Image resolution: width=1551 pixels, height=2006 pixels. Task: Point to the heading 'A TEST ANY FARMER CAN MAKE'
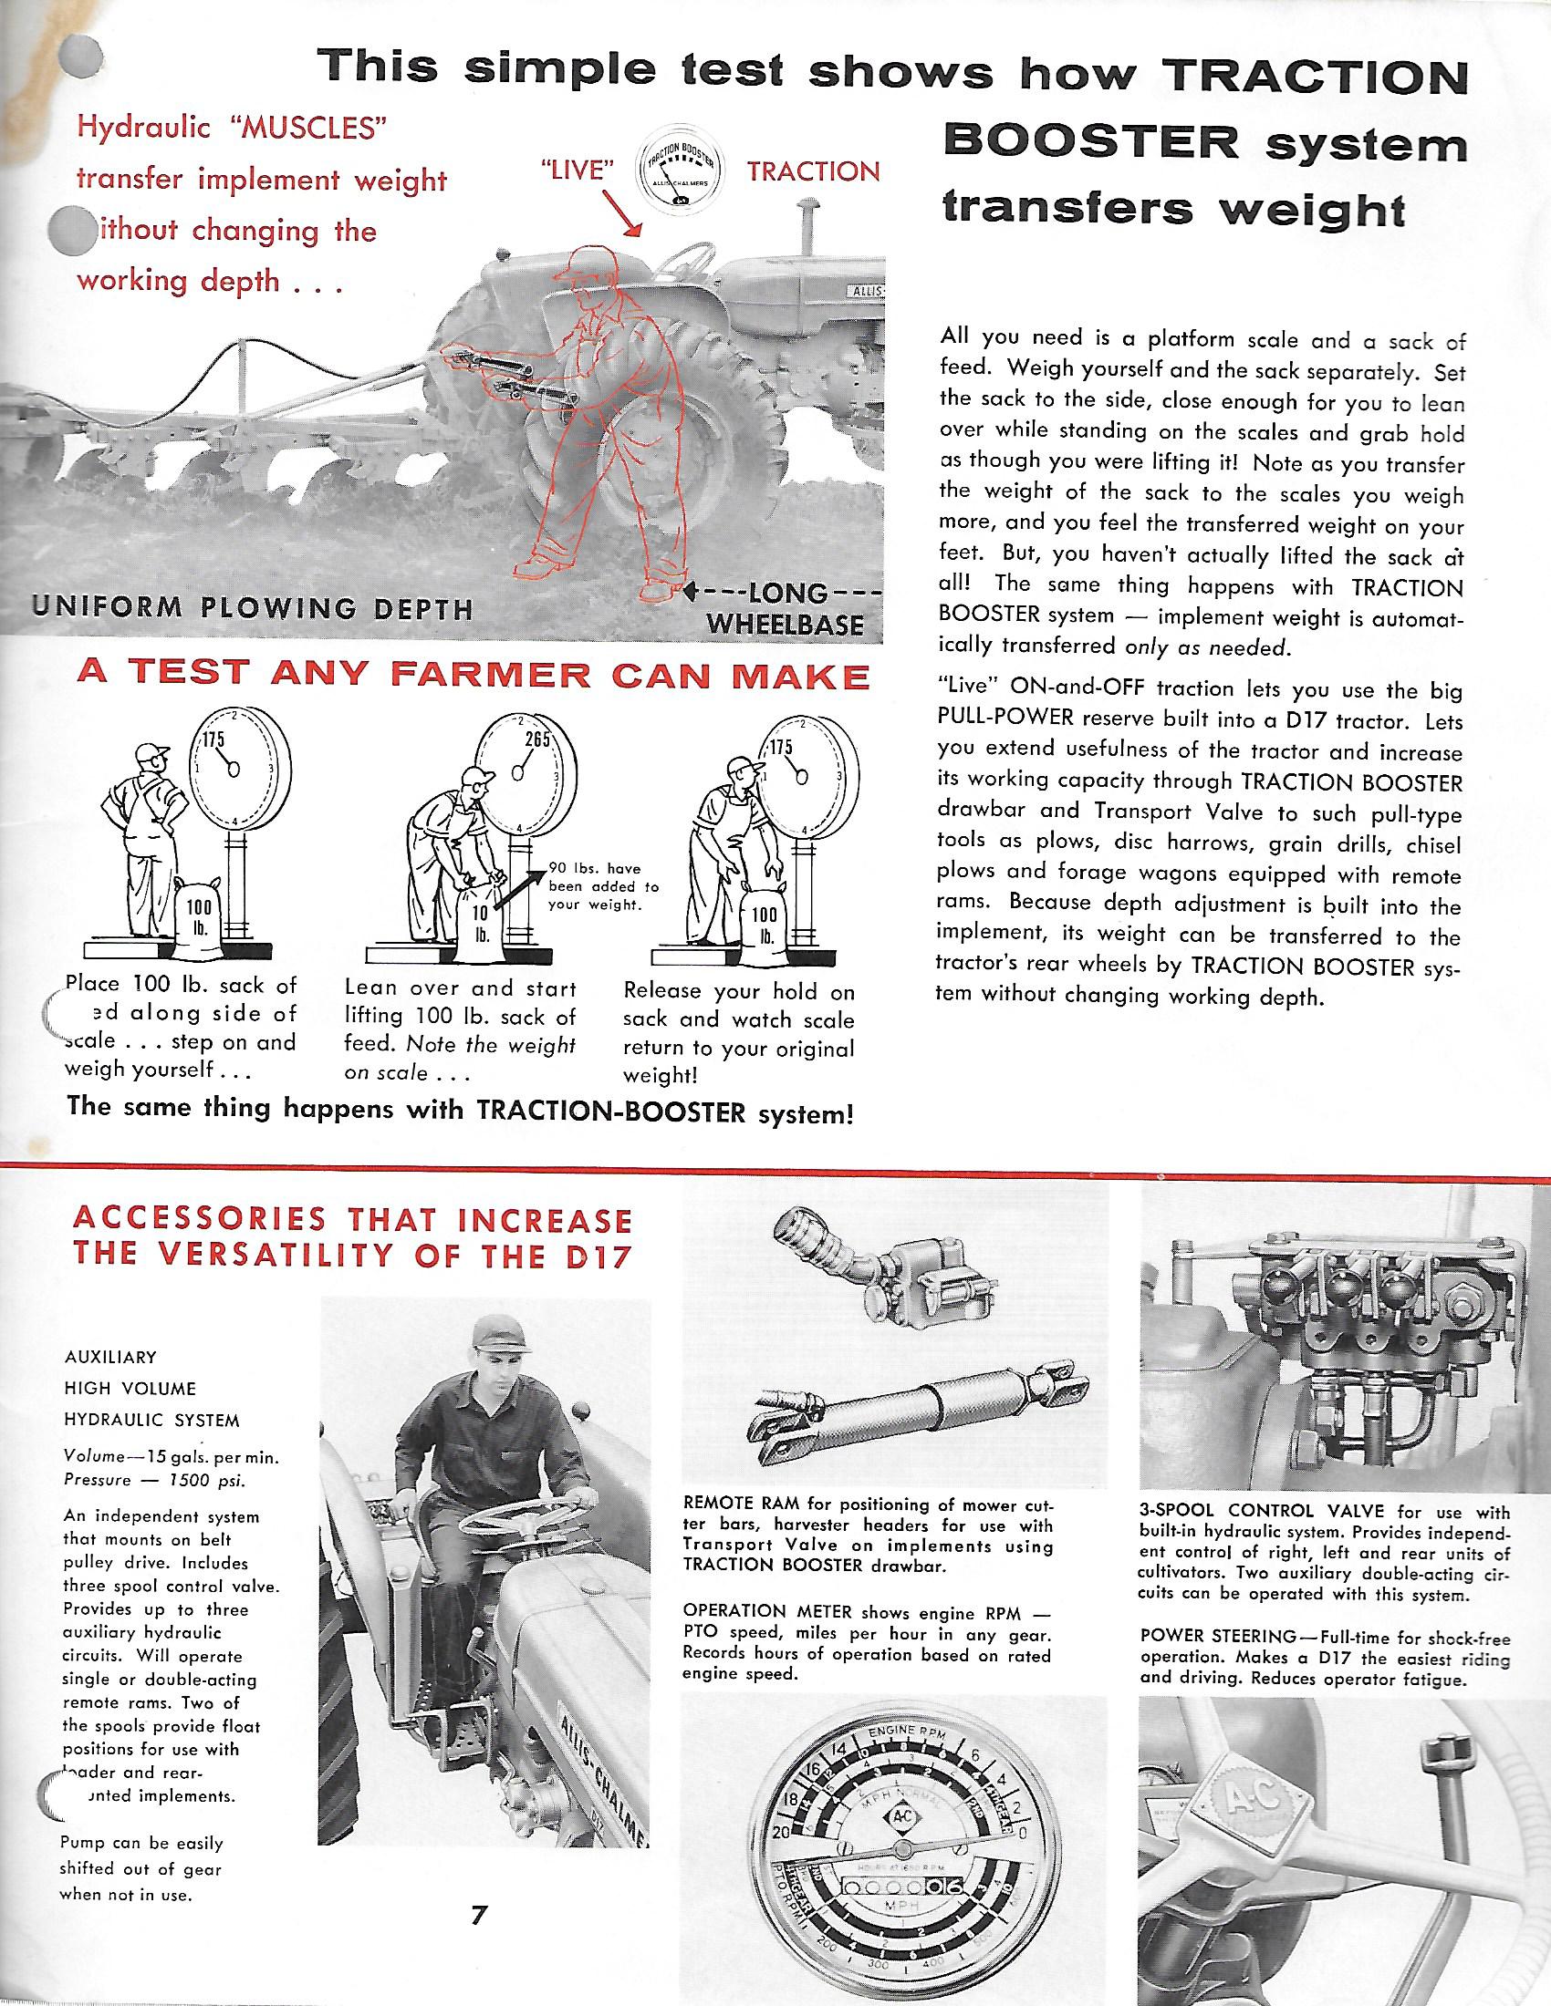(x=474, y=676)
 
